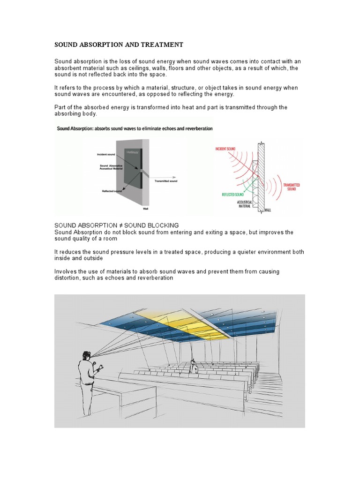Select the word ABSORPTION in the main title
point(98,45)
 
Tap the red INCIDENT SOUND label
point(226,149)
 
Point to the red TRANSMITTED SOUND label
point(291,187)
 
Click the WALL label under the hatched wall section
point(267,210)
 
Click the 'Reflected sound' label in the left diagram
point(112,191)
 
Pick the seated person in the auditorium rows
point(193,366)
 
